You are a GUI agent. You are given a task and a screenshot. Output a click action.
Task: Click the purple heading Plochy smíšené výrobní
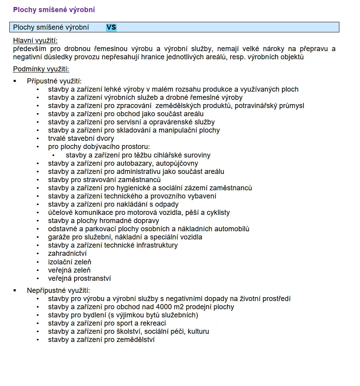tap(54, 10)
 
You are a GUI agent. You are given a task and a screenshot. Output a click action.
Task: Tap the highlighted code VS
tap(111, 27)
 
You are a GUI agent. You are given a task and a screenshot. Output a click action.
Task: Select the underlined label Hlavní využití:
tap(38, 41)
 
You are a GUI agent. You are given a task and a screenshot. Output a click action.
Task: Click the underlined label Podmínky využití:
tap(41, 69)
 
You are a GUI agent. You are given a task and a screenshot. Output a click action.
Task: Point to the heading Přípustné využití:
tap(54, 81)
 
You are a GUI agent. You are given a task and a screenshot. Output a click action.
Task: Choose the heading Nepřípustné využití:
tap(59, 290)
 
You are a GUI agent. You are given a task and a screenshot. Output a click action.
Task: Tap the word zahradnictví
tap(67, 253)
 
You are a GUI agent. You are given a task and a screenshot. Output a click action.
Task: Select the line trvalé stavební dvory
tap(81, 138)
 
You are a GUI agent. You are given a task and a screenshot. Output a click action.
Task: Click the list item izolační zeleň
tap(69, 262)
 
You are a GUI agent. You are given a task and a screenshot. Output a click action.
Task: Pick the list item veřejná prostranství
tap(80, 278)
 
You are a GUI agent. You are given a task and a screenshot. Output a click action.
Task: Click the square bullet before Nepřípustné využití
tap(15, 290)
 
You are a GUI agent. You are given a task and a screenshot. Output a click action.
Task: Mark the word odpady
tap(167, 204)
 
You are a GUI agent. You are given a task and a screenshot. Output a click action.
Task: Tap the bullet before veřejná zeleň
tap(38, 270)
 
